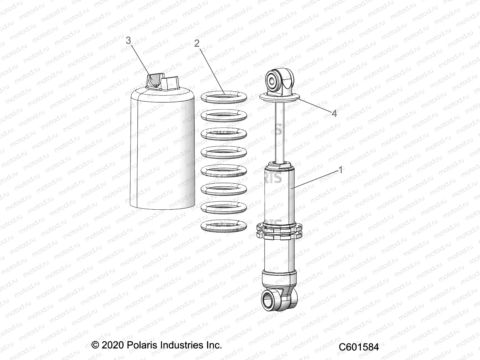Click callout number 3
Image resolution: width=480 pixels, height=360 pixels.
(128, 40)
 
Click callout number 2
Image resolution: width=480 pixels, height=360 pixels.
(197, 43)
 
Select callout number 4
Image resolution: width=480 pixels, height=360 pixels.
(334, 113)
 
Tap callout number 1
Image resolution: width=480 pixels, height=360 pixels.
(340, 170)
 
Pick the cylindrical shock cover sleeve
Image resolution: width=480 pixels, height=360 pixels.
(162, 150)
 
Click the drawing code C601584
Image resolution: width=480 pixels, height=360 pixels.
(359, 347)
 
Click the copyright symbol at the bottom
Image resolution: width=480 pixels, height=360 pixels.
(95, 345)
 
